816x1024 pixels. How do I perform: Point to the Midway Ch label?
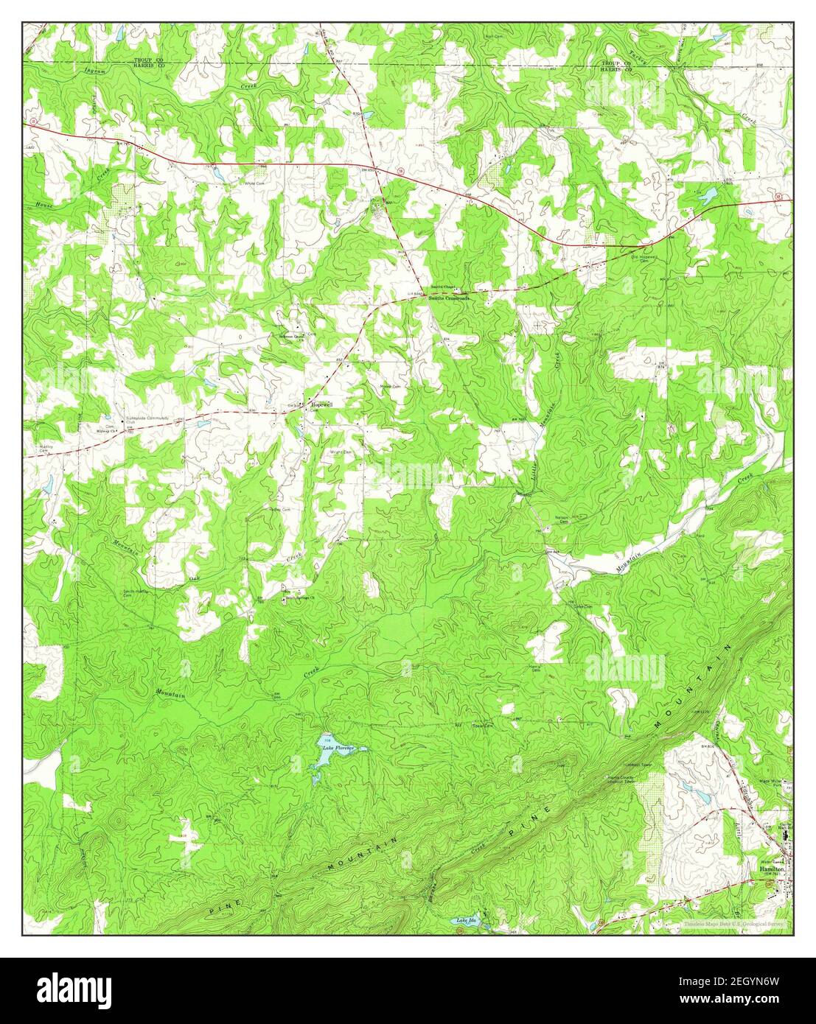(114, 431)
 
